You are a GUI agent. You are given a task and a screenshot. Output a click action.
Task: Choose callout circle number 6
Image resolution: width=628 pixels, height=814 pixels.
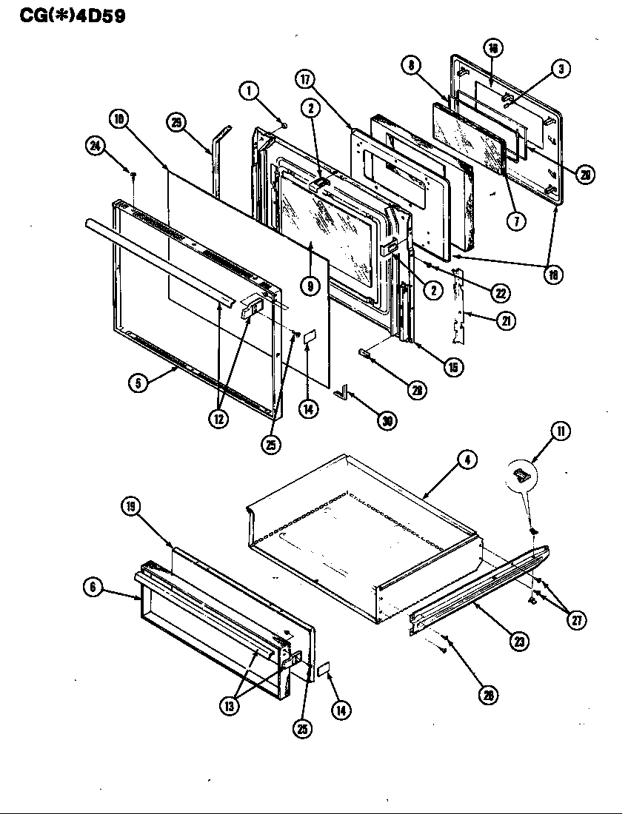click(x=93, y=587)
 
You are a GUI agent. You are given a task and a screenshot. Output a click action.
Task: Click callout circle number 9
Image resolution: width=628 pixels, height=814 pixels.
click(x=310, y=284)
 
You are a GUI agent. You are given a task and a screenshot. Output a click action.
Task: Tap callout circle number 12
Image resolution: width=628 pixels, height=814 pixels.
click(x=219, y=417)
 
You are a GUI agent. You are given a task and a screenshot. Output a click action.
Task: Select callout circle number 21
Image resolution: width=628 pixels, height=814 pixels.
click(x=507, y=321)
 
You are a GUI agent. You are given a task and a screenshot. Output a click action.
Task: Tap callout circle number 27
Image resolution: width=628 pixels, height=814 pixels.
click(x=575, y=620)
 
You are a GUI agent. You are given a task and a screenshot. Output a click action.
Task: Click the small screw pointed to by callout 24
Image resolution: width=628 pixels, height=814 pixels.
click(x=133, y=175)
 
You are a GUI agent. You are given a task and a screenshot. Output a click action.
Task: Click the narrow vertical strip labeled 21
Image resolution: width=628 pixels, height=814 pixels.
click(x=460, y=307)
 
